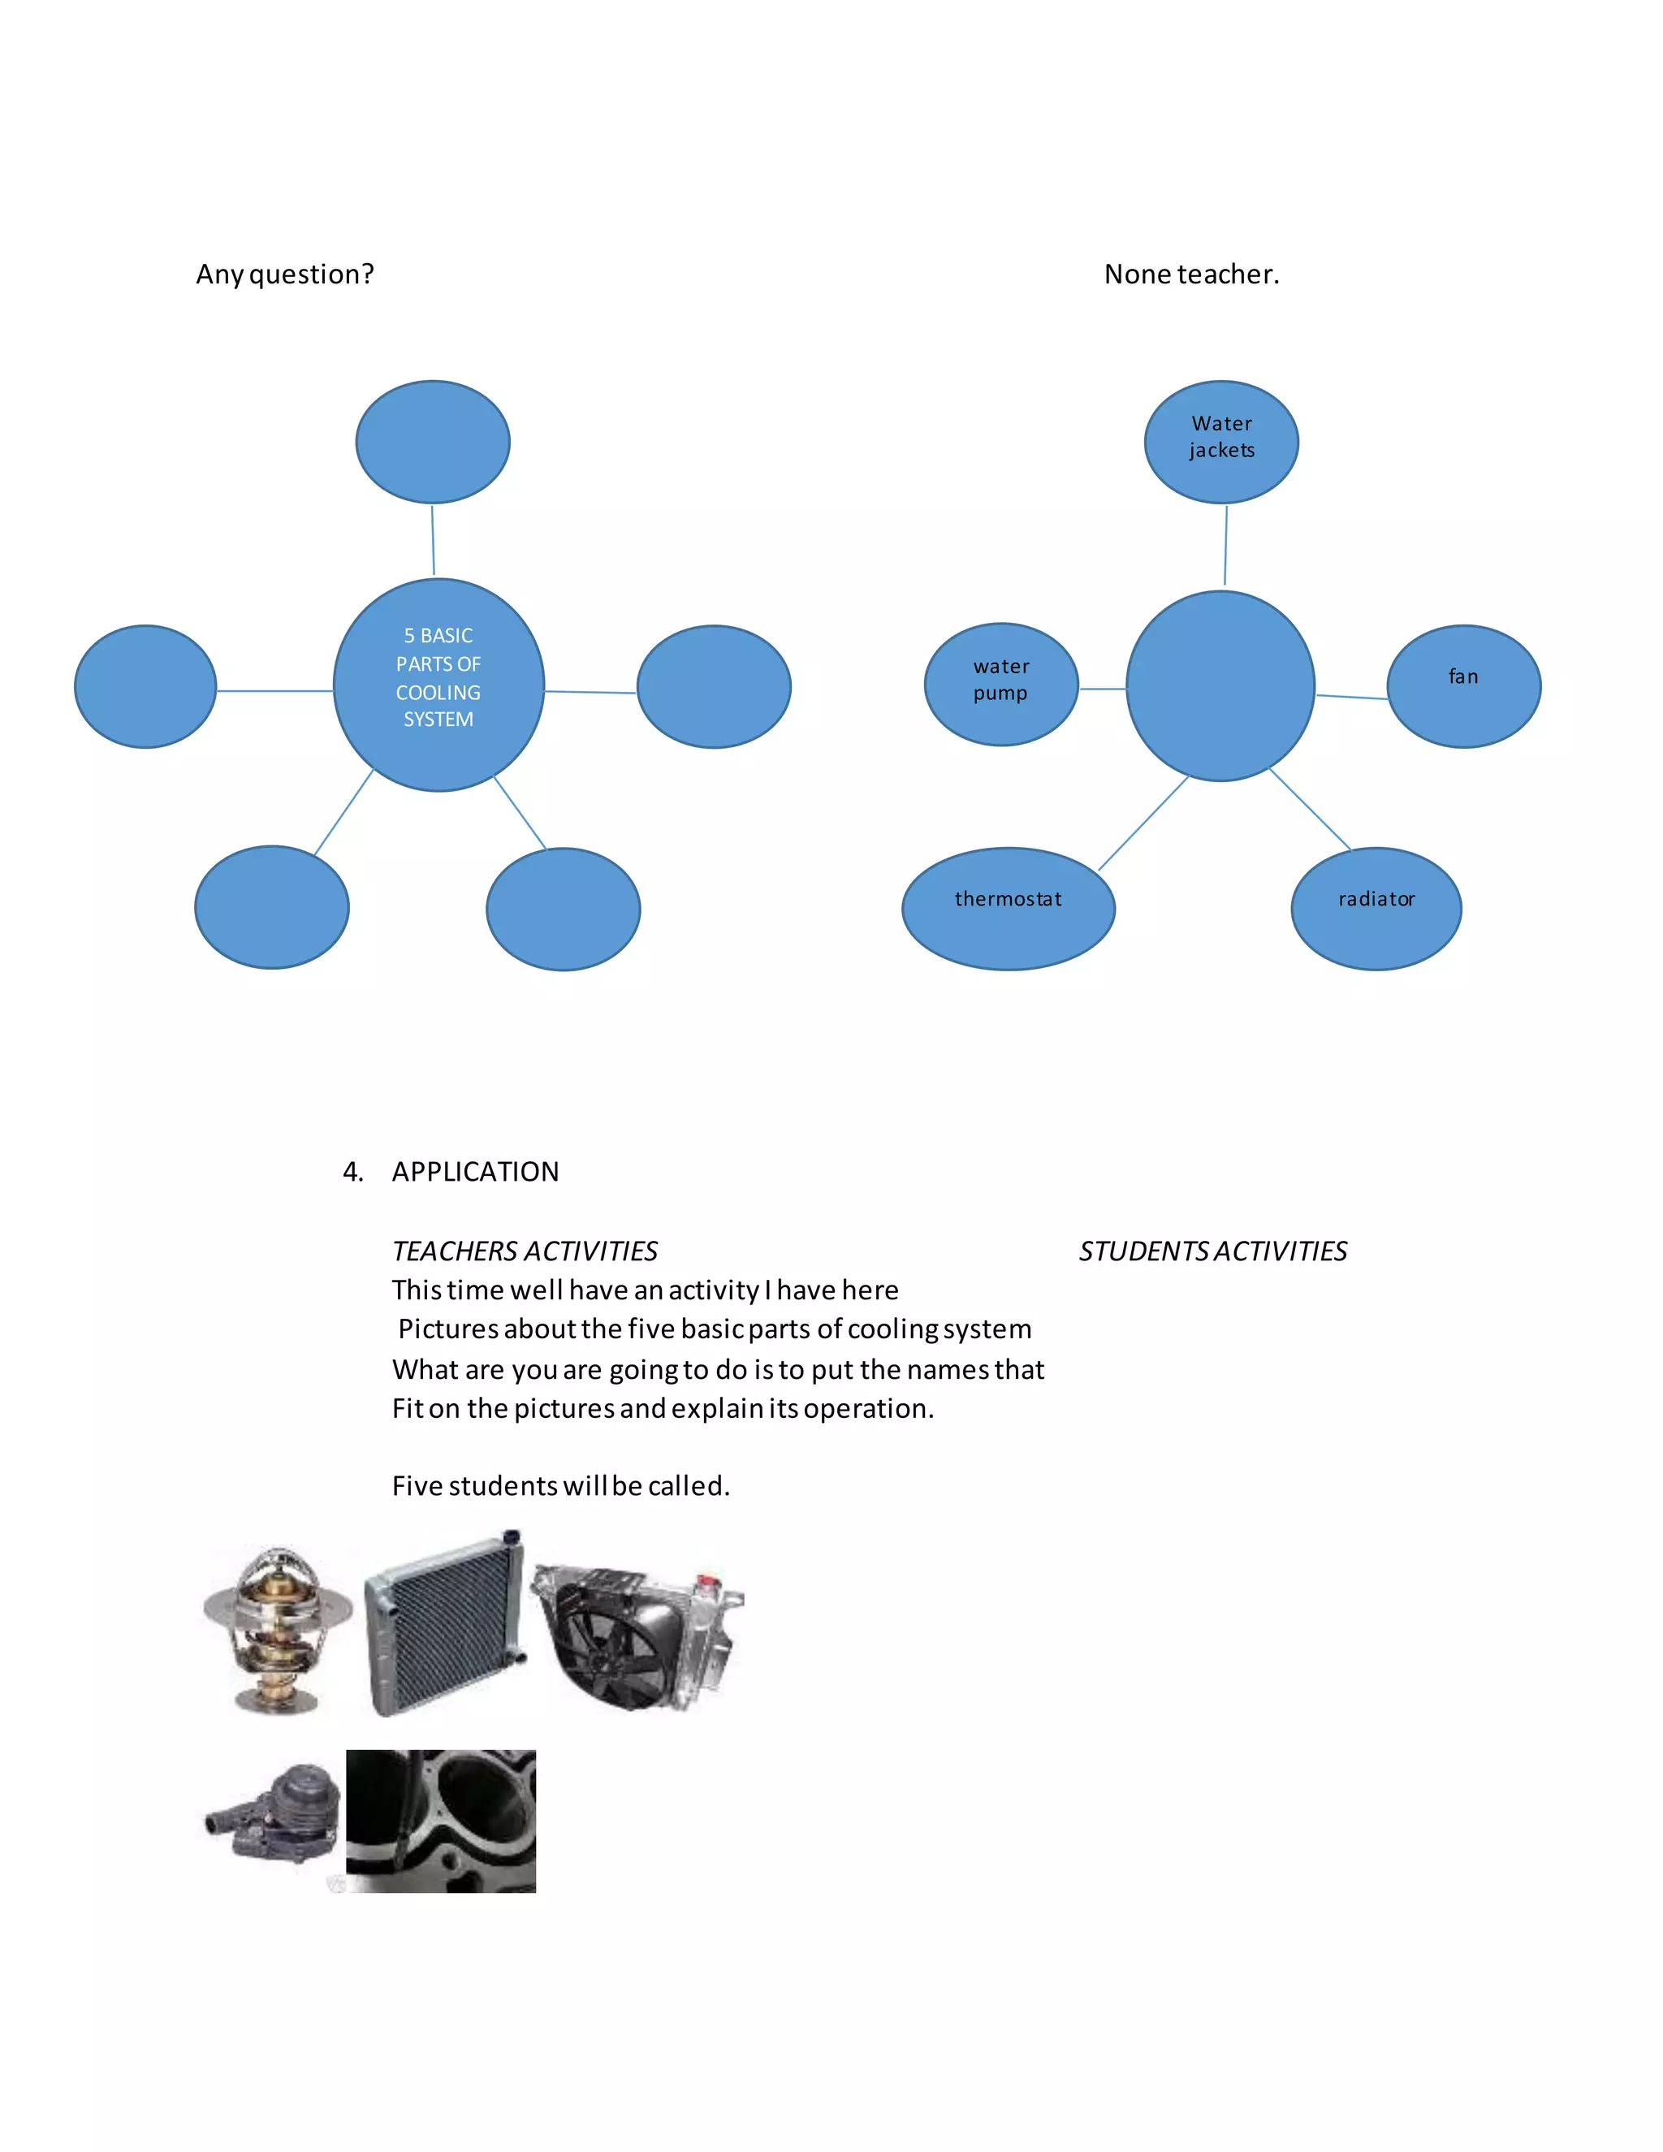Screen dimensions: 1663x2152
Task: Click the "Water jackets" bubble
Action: coord(1220,442)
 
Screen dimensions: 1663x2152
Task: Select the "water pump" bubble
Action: coord(1001,684)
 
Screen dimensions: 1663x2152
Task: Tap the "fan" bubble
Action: coord(1463,686)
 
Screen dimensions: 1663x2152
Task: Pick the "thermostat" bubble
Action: coord(1008,908)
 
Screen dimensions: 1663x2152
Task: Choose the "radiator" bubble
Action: coord(1376,908)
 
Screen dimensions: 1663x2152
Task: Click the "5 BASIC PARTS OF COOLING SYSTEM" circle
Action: coord(438,684)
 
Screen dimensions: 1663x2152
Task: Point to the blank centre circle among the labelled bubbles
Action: coord(1220,686)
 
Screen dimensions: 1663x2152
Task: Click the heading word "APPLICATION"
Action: coord(475,1172)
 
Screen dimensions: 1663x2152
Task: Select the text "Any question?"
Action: coord(285,274)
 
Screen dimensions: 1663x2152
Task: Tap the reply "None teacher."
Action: coord(1191,274)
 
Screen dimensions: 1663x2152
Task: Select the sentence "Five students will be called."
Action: coord(560,1486)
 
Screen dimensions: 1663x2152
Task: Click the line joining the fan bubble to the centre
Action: coord(1352,697)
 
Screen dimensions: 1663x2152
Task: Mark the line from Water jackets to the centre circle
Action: coord(1225,545)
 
